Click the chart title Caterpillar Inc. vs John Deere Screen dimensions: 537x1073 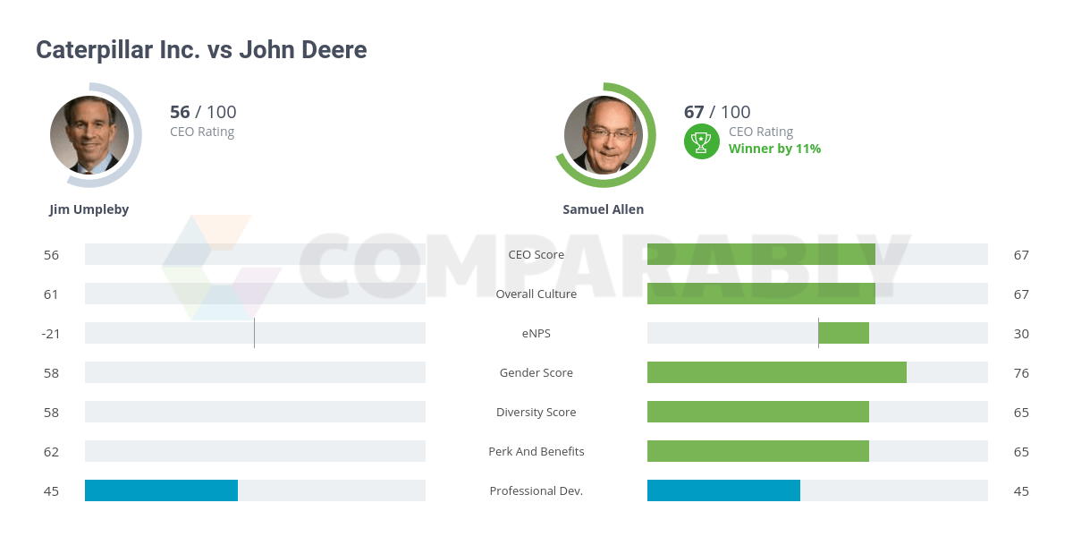pyautogui.click(x=201, y=50)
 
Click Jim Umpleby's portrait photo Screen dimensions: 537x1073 pyautogui.click(x=89, y=135)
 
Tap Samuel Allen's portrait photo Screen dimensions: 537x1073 pyautogui.click(x=604, y=135)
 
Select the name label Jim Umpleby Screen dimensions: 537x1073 pyautogui.click(x=89, y=209)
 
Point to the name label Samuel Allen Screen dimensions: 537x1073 pyautogui.click(x=604, y=209)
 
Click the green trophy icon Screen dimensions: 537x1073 pyautogui.click(x=702, y=141)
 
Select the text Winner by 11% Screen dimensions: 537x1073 pyautogui.click(x=774, y=149)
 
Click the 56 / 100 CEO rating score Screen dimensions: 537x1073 pyautogui.click(x=203, y=112)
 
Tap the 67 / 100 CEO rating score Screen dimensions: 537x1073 pyautogui.click(x=717, y=112)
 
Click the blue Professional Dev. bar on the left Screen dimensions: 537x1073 pyautogui.click(x=161, y=490)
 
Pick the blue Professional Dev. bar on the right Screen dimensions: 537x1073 pyautogui.click(x=723, y=490)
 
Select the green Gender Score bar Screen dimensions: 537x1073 pyautogui.click(x=776, y=372)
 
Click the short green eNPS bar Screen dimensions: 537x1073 pyautogui.click(x=844, y=333)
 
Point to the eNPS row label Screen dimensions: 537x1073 pyautogui.click(x=536, y=333)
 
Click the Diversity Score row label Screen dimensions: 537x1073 pyautogui.click(x=536, y=412)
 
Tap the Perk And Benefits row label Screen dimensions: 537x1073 pyautogui.click(x=536, y=451)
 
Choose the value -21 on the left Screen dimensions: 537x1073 pyautogui.click(x=50, y=333)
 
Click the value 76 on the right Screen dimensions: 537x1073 pyautogui.click(x=1021, y=372)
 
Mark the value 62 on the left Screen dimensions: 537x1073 pyautogui.click(x=51, y=451)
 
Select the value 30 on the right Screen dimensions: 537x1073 pyautogui.click(x=1021, y=333)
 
